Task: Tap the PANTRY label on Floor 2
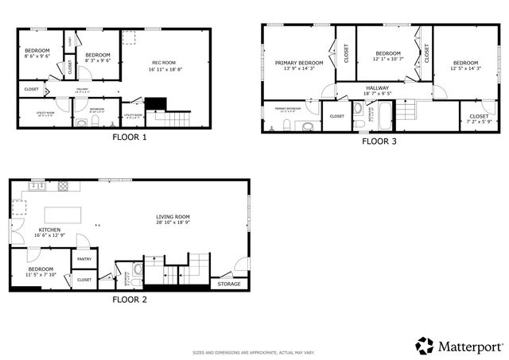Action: (x=84, y=258)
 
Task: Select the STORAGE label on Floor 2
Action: (x=227, y=284)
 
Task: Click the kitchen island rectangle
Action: (x=64, y=215)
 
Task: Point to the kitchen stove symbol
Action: (x=64, y=187)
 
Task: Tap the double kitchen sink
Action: (x=37, y=187)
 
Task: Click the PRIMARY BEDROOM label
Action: (x=299, y=62)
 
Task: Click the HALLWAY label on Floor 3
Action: (x=377, y=87)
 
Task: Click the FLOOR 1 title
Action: (x=129, y=137)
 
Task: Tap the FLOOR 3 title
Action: (x=379, y=141)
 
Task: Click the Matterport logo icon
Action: (x=425, y=346)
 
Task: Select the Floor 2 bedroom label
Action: (x=40, y=269)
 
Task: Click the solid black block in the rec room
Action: (x=154, y=104)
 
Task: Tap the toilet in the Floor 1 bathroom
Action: (x=80, y=122)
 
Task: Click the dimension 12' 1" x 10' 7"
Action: (x=390, y=59)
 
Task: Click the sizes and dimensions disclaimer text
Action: (x=254, y=351)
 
